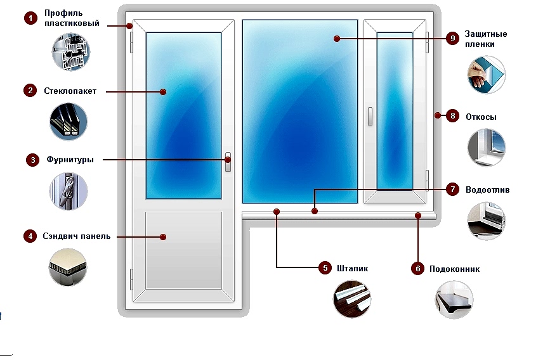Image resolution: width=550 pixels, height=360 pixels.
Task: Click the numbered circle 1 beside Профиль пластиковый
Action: point(30,18)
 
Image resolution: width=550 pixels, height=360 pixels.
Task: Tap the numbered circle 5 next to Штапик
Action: point(324,268)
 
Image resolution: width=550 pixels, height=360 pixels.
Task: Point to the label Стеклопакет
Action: point(70,91)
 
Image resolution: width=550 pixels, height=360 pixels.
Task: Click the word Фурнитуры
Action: point(70,160)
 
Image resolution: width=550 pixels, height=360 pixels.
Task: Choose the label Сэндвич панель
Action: point(76,236)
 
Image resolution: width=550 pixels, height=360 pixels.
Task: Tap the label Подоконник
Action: point(454,269)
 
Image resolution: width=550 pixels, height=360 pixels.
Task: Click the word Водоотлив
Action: point(487,190)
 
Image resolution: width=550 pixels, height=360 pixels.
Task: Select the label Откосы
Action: point(481,117)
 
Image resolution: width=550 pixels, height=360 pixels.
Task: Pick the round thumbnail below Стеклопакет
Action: point(68,122)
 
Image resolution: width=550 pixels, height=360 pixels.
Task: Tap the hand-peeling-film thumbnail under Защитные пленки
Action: point(486,75)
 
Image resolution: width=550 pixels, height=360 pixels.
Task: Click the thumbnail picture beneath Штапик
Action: point(351,298)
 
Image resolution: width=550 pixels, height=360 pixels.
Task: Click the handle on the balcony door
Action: point(228,162)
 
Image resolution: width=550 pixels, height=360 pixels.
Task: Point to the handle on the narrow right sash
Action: point(369,115)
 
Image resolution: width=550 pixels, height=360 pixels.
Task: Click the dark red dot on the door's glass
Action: point(163,92)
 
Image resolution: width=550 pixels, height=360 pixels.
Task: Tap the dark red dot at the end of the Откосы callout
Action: point(438,116)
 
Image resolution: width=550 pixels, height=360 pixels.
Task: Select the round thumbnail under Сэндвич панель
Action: point(68,267)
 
